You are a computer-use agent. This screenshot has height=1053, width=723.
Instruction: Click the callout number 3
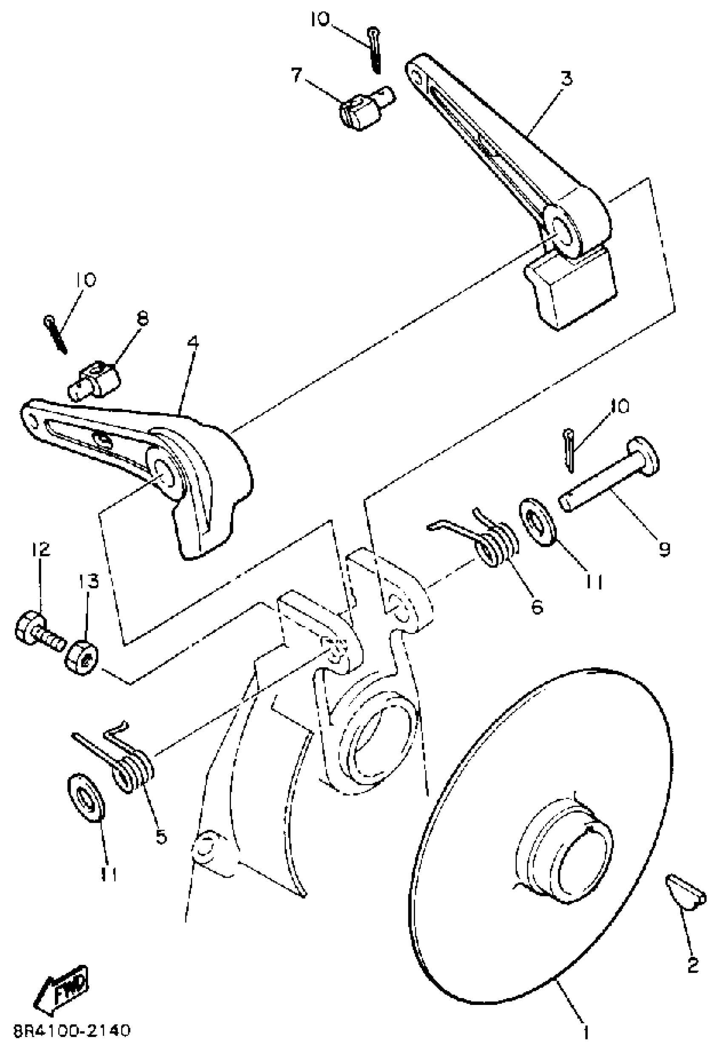566,78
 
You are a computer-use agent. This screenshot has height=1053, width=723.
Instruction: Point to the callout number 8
142,319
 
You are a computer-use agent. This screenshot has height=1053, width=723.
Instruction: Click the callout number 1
586,1032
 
